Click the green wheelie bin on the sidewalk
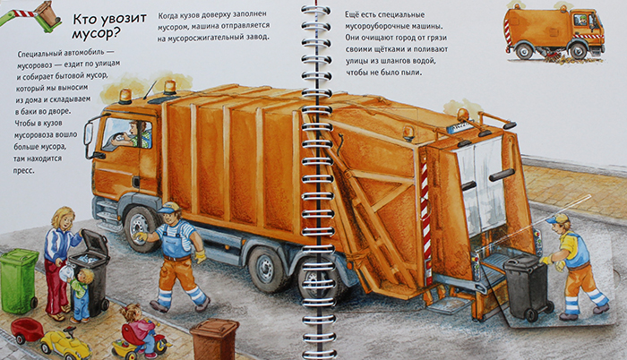[19, 280]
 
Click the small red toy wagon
[27, 330]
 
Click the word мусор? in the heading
[96, 34]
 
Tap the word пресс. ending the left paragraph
[24, 170]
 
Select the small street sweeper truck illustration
[554, 33]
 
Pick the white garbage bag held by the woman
[65, 274]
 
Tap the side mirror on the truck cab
[89, 135]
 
